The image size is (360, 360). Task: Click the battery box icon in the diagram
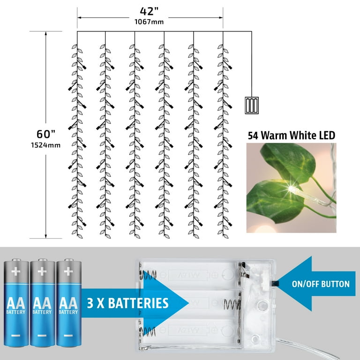[x=252, y=105]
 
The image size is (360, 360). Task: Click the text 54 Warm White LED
[x=291, y=136]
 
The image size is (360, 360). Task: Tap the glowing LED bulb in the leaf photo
[x=294, y=189]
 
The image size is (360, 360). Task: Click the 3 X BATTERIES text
[x=127, y=302]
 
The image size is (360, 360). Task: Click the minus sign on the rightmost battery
[x=68, y=336]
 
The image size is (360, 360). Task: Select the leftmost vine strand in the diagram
[x=76, y=136]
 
